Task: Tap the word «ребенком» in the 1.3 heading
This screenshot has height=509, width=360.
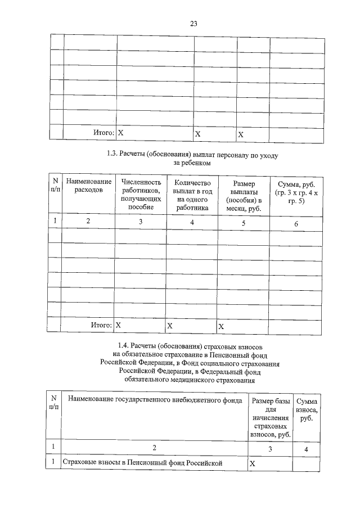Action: point(197,163)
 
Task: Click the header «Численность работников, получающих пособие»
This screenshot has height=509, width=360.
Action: point(141,195)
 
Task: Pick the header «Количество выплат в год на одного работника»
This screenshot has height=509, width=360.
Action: point(192,195)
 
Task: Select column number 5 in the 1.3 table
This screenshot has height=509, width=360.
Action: point(244,223)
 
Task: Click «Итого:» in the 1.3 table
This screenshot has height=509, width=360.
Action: point(102,325)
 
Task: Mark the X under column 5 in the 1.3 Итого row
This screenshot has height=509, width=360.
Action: point(221,326)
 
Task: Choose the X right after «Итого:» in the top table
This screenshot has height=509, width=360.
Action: point(120,134)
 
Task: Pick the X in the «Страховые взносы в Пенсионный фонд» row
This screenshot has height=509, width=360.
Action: point(253,463)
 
